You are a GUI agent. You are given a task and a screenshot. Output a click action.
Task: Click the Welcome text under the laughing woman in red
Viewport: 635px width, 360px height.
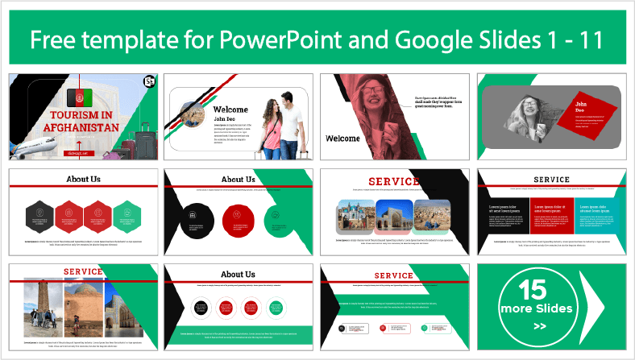[x=342, y=139]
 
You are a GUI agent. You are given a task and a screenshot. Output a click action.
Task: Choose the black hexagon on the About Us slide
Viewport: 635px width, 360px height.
[x=39, y=213]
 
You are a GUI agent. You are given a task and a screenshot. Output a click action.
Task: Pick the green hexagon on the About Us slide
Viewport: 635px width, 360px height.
[x=126, y=213]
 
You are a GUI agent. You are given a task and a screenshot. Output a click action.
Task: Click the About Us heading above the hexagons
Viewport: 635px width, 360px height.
[x=82, y=179]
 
